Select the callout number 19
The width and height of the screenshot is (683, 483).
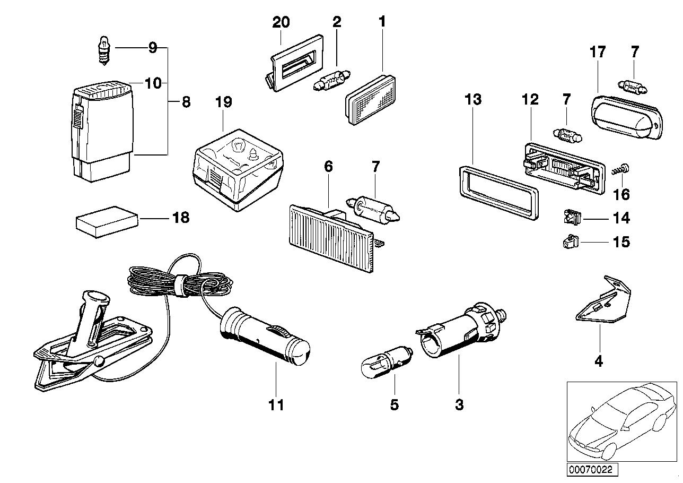coord(224,101)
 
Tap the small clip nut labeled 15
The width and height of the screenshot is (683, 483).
coord(569,243)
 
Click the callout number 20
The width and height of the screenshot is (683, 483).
coord(281,22)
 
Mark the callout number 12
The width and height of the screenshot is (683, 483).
coord(530,99)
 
